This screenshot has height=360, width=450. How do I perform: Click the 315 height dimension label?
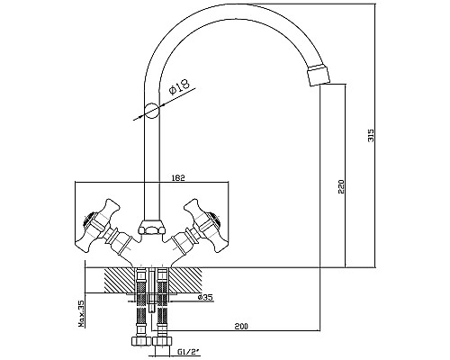(371, 135)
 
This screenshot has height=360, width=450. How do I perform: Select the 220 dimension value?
(342, 186)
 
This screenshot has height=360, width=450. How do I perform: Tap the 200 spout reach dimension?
(241, 326)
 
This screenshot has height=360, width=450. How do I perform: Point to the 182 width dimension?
(178, 177)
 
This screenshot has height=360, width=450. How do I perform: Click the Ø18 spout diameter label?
(179, 86)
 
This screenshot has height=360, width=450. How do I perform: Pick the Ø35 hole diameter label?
(205, 297)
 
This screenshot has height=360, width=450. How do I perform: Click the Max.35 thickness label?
(81, 314)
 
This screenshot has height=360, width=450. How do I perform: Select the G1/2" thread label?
(189, 351)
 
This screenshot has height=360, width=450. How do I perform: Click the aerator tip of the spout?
(319, 74)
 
